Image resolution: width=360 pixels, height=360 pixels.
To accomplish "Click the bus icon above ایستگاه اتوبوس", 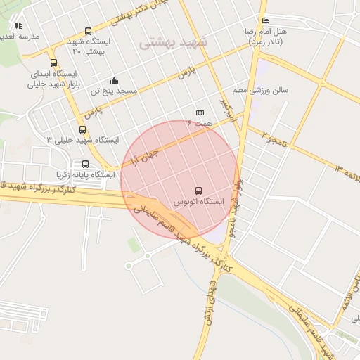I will coord(199,190).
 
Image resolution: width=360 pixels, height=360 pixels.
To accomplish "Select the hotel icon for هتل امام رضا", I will coord(264,20).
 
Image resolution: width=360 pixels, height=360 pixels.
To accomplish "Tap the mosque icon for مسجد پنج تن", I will coord(114,80).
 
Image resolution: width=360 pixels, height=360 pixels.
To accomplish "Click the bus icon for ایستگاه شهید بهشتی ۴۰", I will coord(88,31).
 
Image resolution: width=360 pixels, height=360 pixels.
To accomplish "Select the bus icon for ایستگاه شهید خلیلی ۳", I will coord(83,129).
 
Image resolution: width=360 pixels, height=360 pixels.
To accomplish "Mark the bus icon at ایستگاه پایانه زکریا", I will coord(85,164).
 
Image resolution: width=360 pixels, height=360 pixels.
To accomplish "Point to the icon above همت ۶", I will coord(200,112).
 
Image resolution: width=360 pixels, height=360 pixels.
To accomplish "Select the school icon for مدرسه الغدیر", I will coord(19,25).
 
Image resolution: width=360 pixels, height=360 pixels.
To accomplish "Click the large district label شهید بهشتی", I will coord(173,41).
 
